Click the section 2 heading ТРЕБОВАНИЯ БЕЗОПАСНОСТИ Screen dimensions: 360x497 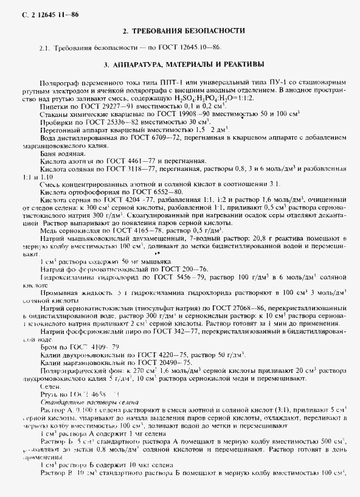(x=184, y=30)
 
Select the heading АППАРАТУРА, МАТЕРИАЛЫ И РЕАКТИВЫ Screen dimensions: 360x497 (x=184, y=63)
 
